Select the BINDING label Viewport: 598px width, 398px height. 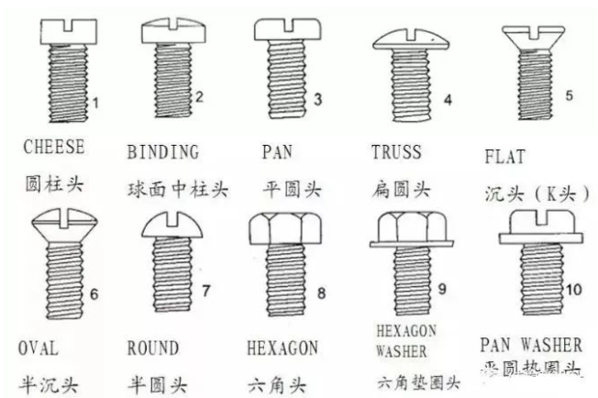point(162,151)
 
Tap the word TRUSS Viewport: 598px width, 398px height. point(396,151)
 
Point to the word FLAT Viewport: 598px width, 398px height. point(504,157)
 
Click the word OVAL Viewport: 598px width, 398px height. point(38,348)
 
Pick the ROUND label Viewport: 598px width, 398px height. point(153,348)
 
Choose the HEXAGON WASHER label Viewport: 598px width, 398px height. point(406,340)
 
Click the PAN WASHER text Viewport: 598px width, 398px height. point(531,346)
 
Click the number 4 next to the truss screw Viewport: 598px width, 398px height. point(447,99)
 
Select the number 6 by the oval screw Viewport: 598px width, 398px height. point(93,294)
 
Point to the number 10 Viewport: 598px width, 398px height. point(573,290)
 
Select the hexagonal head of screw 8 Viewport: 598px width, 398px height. point(282,228)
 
